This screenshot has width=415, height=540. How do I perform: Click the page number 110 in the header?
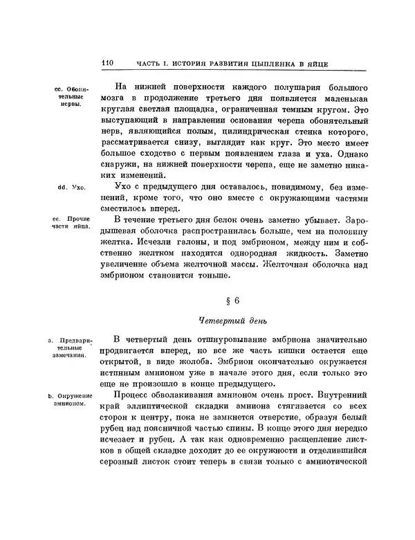pyautogui.click(x=107, y=63)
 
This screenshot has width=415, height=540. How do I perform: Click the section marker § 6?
pyautogui.click(x=232, y=302)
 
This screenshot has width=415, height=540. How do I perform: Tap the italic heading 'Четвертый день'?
pyautogui.click(x=232, y=321)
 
